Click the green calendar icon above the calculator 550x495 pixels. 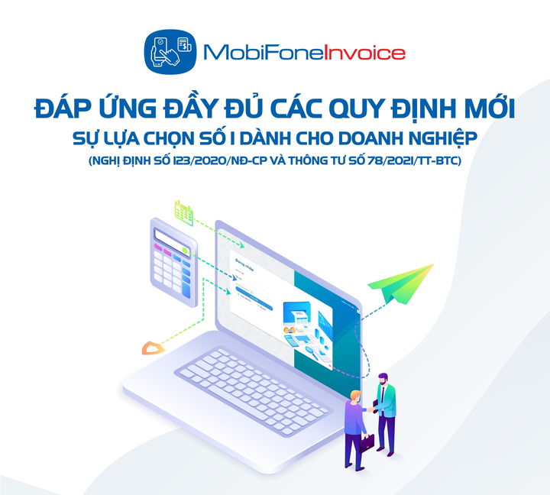(x=183, y=211)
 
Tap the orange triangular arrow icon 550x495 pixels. (x=154, y=348)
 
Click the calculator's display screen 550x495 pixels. (x=169, y=236)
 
